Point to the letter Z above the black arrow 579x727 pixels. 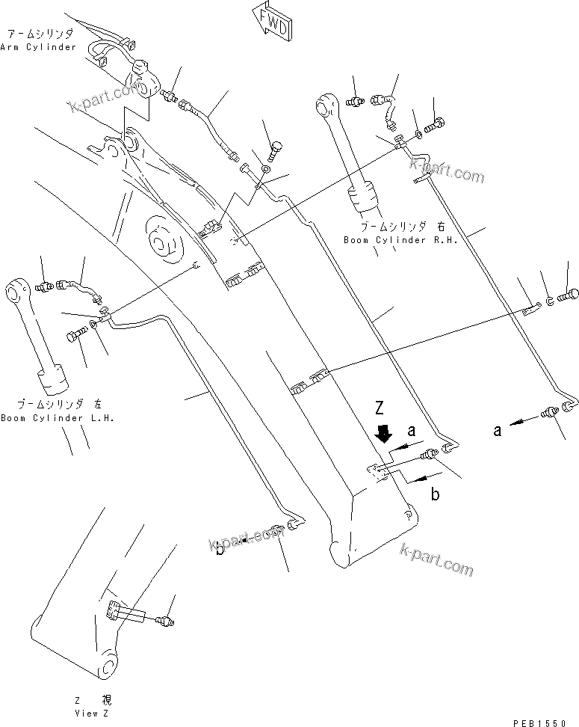pyautogui.click(x=380, y=409)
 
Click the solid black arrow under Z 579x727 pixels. pyautogui.click(x=384, y=433)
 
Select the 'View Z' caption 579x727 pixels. pyautogui.click(x=96, y=714)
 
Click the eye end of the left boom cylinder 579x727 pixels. pyautogui.click(x=18, y=289)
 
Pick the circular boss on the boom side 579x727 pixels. pyautogui.click(x=160, y=242)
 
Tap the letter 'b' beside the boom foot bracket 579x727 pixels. pyautogui.click(x=414, y=494)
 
